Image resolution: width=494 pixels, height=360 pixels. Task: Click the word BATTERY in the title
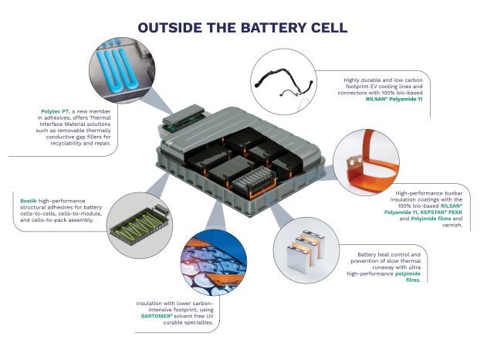(x=274, y=28)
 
